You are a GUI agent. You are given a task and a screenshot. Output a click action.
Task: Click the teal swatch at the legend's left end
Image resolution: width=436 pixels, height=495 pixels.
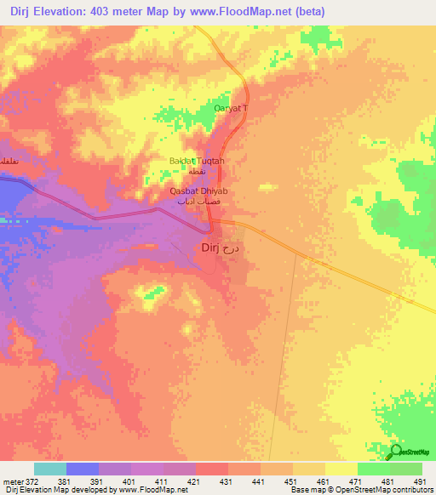[50, 469]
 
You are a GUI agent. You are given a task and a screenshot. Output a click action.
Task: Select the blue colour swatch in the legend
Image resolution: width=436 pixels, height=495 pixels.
[83, 469]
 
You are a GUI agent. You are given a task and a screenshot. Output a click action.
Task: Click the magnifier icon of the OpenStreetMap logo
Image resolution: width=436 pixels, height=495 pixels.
[396, 452]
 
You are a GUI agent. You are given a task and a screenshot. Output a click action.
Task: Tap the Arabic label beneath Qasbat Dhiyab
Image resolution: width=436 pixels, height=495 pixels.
[195, 202]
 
